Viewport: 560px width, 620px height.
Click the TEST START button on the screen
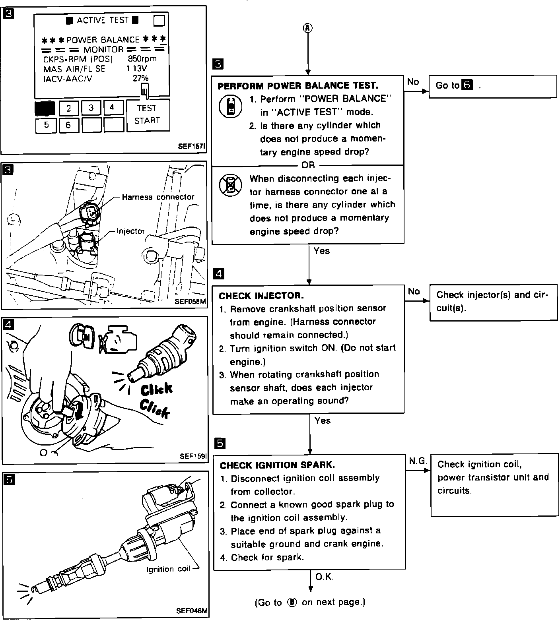(x=148, y=114)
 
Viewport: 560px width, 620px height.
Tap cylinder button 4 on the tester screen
(x=112, y=107)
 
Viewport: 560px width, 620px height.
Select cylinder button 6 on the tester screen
(x=68, y=125)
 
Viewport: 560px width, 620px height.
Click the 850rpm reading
(x=142, y=59)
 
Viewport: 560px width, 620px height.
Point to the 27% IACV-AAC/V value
(x=140, y=78)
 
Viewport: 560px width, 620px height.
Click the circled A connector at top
(x=308, y=27)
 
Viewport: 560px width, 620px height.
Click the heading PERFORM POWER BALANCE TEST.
(x=298, y=85)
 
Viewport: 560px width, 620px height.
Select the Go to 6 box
(x=493, y=85)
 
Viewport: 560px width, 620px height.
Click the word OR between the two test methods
(x=308, y=165)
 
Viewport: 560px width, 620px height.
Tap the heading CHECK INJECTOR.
(x=261, y=296)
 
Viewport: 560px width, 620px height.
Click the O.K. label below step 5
(x=324, y=577)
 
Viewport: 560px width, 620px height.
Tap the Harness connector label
(x=158, y=197)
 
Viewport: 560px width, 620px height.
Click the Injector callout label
(x=130, y=231)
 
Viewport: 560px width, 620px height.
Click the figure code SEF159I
(x=193, y=456)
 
